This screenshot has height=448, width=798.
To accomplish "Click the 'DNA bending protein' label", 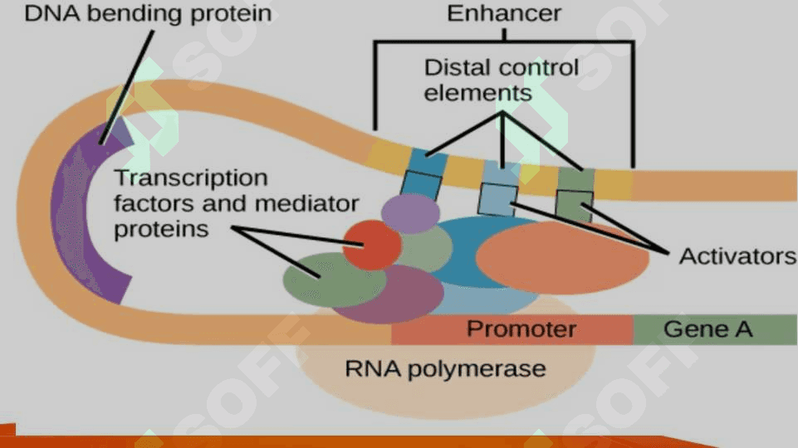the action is pyautogui.click(x=148, y=13).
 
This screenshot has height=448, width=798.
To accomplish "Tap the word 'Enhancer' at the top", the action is pyautogui.click(x=504, y=13).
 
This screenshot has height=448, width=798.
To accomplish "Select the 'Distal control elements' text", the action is pyautogui.click(x=502, y=80).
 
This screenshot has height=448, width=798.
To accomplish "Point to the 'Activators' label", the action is pyautogui.click(x=737, y=256).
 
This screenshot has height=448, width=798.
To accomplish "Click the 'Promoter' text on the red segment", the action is pyautogui.click(x=521, y=329).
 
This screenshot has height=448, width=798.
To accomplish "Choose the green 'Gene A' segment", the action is pyautogui.click(x=715, y=329).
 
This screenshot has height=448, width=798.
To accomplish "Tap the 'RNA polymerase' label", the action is pyautogui.click(x=445, y=368).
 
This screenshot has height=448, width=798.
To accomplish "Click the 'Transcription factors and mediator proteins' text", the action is pyautogui.click(x=236, y=203).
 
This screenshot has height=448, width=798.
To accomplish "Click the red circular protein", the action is pyautogui.click(x=372, y=245).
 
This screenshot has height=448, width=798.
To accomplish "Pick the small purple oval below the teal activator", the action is pyautogui.click(x=410, y=213).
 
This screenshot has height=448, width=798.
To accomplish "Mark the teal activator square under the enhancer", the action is pyautogui.click(x=420, y=185).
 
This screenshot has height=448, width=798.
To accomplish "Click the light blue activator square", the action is pyautogui.click(x=497, y=199).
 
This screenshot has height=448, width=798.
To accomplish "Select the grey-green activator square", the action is pyautogui.click(x=575, y=206).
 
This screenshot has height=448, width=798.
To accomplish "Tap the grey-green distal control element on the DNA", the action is pyautogui.click(x=576, y=180).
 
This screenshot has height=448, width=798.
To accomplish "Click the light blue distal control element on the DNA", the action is pyautogui.click(x=502, y=172).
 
